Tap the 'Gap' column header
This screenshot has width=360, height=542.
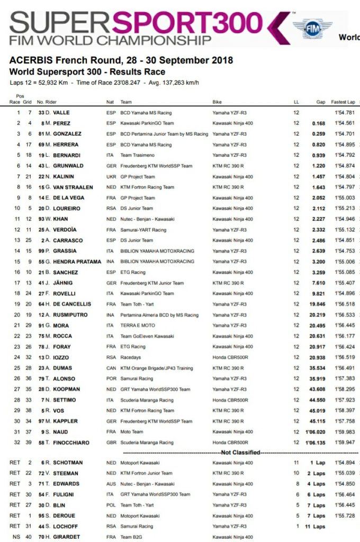click(x=321, y=102)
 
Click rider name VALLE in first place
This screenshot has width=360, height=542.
click(x=61, y=113)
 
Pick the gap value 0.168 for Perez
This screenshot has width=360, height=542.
click(x=318, y=123)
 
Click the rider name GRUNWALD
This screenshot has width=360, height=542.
click(x=64, y=166)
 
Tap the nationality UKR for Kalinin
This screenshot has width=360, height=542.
click(x=111, y=176)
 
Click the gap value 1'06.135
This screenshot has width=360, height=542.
click(x=315, y=442)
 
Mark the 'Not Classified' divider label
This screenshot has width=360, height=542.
click(x=241, y=453)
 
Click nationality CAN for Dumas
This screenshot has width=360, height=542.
click(x=111, y=368)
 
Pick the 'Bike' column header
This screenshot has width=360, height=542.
click(x=218, y=102)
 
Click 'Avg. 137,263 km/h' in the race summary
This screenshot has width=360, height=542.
click(x=168, y=83)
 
